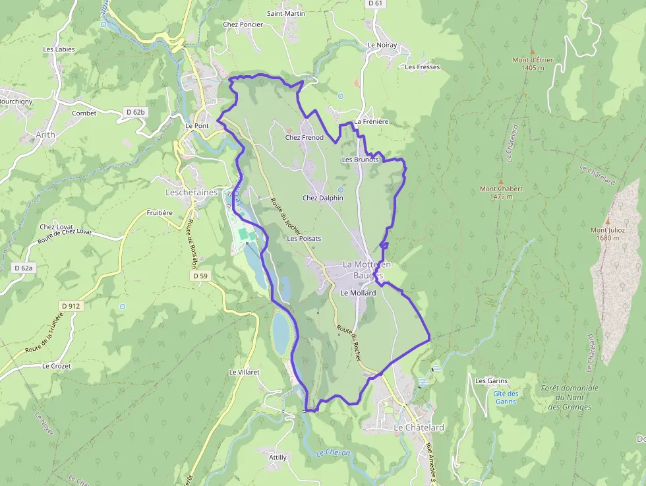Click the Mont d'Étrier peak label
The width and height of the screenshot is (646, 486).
[533, 63]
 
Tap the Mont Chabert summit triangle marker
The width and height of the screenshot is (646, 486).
[501, 181]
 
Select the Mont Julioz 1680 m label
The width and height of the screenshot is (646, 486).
[608, 234]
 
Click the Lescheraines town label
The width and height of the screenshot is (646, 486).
[191, 192]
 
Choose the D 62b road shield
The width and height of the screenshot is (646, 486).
[135, 113]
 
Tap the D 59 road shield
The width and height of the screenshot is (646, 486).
[200, 276]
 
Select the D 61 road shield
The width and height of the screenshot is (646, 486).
[375, 3]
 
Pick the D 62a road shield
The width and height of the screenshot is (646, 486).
[23, 268]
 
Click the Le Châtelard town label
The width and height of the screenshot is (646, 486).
[419, 427]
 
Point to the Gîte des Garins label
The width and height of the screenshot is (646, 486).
[506, 398]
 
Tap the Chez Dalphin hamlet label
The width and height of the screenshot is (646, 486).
[322, 198]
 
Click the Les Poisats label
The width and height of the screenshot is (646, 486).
[304, 238]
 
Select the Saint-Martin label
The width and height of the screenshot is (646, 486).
[285, 13]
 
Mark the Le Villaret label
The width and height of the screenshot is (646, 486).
[244, 372]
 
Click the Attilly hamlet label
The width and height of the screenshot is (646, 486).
[278, 457]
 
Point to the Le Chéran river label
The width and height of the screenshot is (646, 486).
[333, 453]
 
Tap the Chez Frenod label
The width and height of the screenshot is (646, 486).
[304, 137]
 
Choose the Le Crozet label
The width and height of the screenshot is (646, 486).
[56, 365]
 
